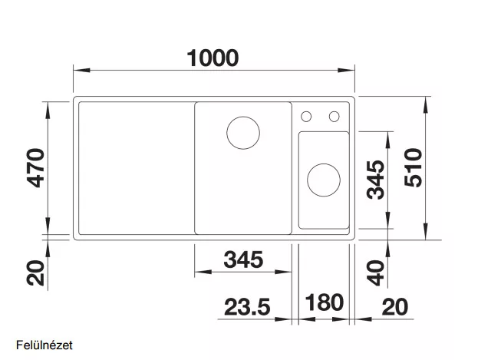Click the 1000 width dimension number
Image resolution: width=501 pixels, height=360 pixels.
tap(213, 58)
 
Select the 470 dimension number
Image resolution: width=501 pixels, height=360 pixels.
tap(36, 168)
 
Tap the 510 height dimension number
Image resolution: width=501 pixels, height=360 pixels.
tap(413, 167)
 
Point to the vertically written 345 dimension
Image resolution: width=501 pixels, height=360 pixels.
tap(376, 180)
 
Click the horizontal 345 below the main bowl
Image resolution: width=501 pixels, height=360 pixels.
tap(243, 259)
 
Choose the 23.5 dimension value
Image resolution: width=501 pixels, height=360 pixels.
tap(247, 307)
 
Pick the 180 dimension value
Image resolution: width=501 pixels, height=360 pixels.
tap(325, 302)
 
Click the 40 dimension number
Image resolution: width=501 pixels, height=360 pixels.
tap(376, 272)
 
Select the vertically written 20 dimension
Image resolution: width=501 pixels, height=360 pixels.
tap(36, 272)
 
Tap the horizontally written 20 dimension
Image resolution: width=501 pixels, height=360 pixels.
tap(395, 307)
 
